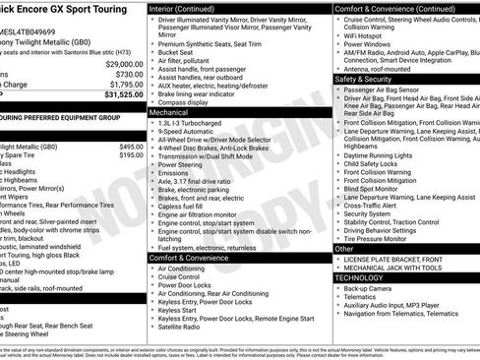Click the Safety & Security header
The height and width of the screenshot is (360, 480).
pyautogui.click(x=364, y=78)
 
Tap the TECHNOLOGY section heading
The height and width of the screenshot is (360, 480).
pyautogui.click(x=360, y=277)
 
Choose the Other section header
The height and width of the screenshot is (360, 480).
pyautogui.click(x=344, y=249)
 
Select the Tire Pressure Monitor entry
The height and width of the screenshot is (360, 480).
pyautogui.click(x=383, y=238)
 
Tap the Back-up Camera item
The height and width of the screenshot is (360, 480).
pyautogui.click(x=375, y=289)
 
